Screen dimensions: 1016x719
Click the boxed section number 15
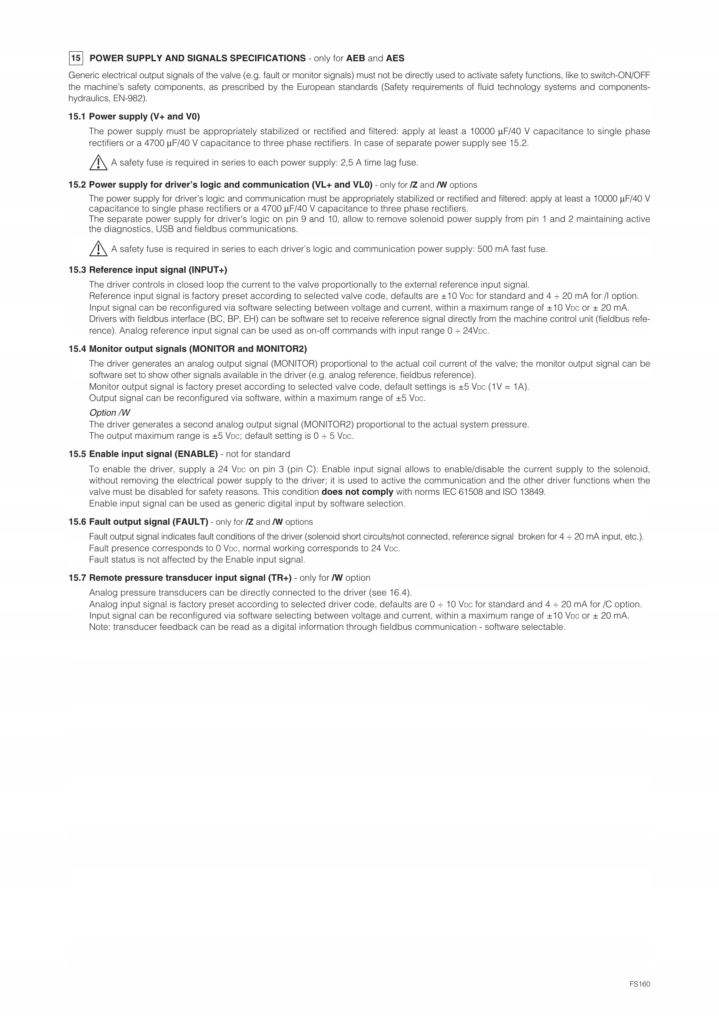pyautogui.click(x=76, y=58)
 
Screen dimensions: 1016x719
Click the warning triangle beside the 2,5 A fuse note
pyautogui.click(x=98, y=163)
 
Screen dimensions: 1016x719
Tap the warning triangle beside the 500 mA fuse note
pyautogui.click(x=98, y=249)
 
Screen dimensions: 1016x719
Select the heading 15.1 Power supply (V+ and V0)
pyautogui.click(x=134, y=116)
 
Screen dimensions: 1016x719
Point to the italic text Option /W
pyautogui.click(x=110, y=412)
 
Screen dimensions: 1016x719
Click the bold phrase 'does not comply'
pyautogui.click(x=357, y=492)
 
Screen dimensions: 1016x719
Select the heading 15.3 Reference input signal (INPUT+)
pyautogui.click(x=148, y=270)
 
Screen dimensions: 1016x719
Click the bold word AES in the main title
pyautogui.click(x=395, y=58)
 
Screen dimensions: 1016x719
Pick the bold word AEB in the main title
pyautogui.click(x=356, y=58)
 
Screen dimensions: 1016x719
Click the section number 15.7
pyautogui.click(x=77, y=578)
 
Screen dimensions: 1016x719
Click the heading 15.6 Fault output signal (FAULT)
pyautogui.click(x=139, y=522)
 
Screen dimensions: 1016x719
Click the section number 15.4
pyautogui.click(x=77, y=349)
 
